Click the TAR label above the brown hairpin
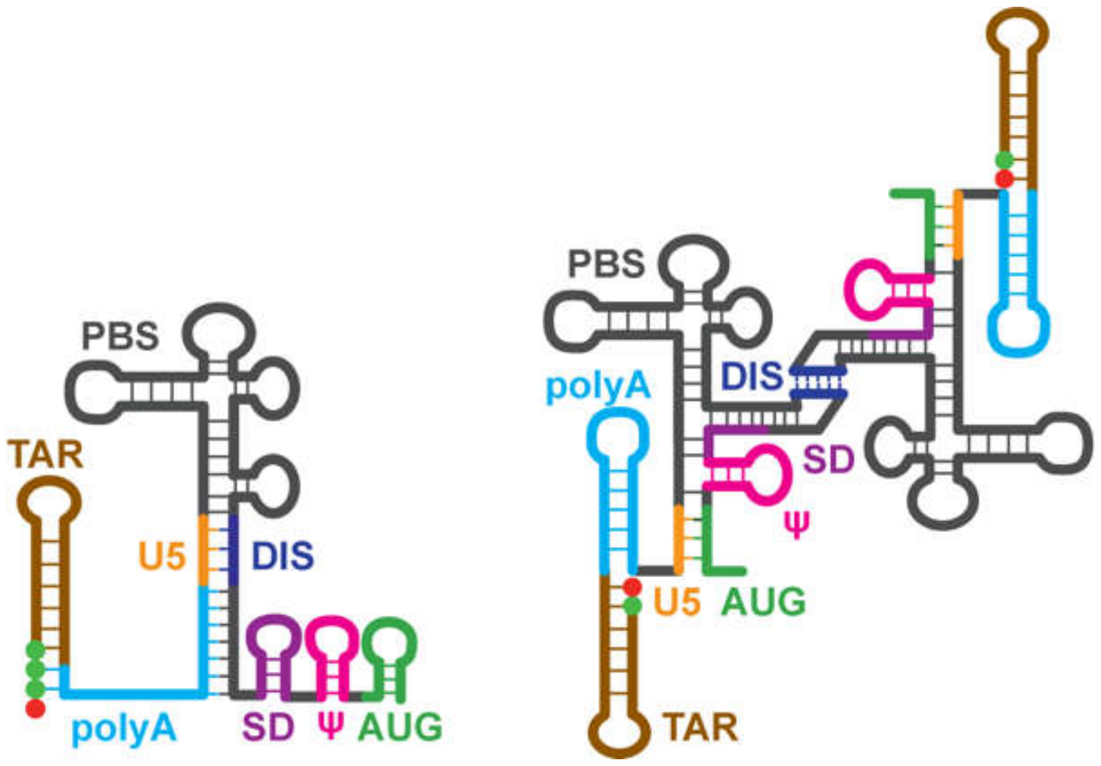tap(45, 454)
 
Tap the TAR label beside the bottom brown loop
tap(701, 728)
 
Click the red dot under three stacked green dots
tap(35, 708)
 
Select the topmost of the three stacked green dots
tap(35, 651)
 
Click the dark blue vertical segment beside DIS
tap(234, 549)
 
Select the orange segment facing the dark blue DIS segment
tap(203, 549)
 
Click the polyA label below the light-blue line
tap(124, 729)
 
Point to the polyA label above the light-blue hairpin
tap(598, 386)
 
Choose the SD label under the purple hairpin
tap(268, 727)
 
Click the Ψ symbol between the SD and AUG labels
tap(330, 726)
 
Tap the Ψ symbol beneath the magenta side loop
tap(796, 524)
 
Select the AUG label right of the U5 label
tap(763, 602)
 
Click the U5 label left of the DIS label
tap(162, 556)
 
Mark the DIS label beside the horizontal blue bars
tap(752, 376)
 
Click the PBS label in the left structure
tap(120, 336)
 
